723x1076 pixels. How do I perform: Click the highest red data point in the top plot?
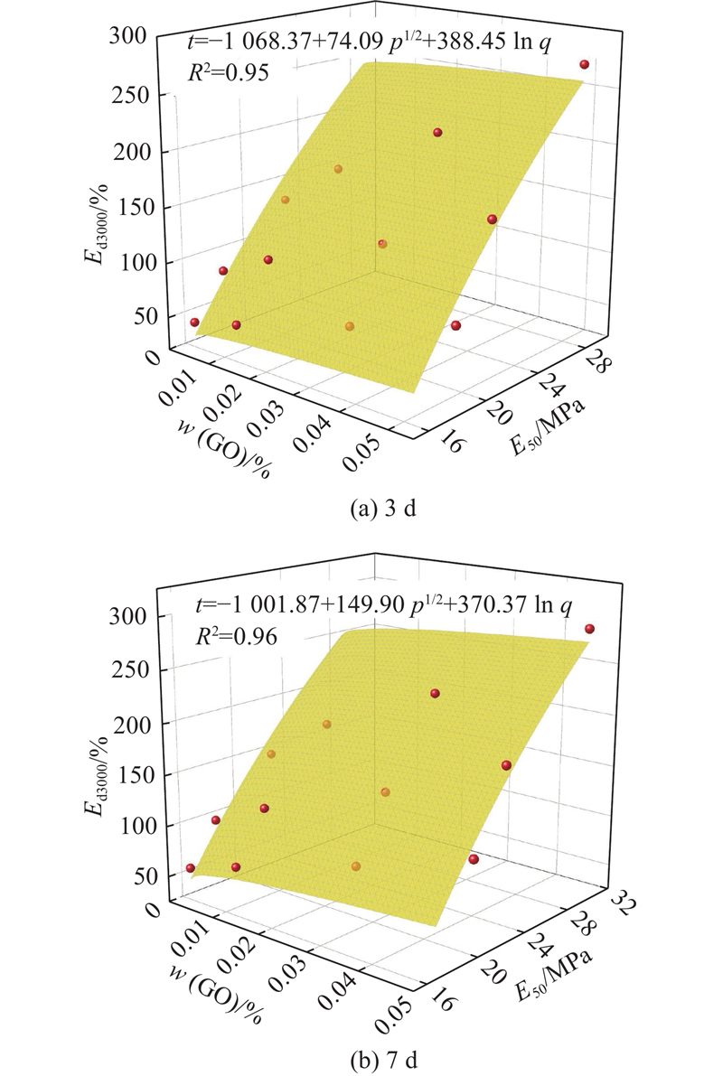[585, 65]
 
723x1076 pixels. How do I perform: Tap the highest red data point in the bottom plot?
[589, 629]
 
